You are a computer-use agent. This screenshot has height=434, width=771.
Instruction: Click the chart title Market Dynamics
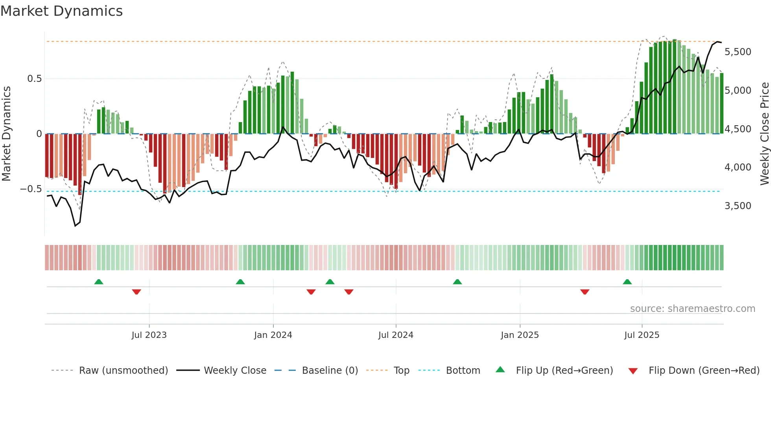coord(62,11)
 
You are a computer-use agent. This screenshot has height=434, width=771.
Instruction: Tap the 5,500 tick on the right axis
coord(738,52)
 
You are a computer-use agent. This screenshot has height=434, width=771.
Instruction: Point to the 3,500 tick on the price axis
coord(738,206)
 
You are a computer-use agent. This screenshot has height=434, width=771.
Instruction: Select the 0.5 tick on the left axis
coord(34,79)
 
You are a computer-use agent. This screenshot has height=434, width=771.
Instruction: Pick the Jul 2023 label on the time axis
coord(149,335)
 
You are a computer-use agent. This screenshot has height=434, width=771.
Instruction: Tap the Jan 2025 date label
coord(520,335)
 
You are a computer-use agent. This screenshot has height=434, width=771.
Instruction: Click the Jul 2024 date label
coord(396,335)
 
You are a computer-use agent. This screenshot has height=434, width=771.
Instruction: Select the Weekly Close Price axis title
coord(764,134)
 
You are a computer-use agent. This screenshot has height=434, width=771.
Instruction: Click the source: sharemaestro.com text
coord(692,309)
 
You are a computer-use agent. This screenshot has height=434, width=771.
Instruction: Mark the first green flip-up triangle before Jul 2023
coord(99,282)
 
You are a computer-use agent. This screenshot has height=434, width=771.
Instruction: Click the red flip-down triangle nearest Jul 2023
coord(136,292)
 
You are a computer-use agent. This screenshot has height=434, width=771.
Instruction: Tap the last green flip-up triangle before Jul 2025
coord(627,282)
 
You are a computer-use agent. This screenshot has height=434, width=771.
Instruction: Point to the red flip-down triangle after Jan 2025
coord(585,292)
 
